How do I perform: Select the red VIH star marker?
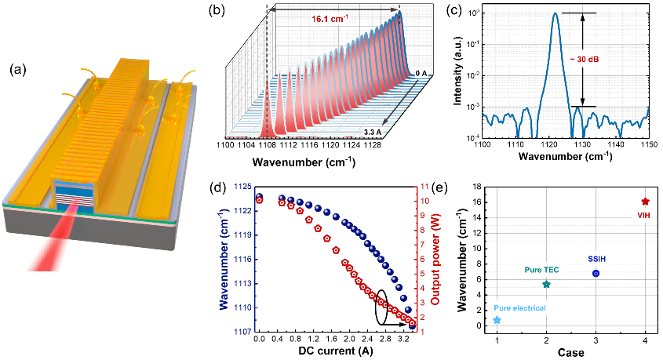(x=645, y=202)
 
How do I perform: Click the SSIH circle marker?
(x=596, y=273)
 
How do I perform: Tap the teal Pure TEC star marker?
(x=547, y=284)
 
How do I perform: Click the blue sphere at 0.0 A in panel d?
(x=259, y=197)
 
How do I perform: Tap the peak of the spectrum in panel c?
(x=556, y=13)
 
